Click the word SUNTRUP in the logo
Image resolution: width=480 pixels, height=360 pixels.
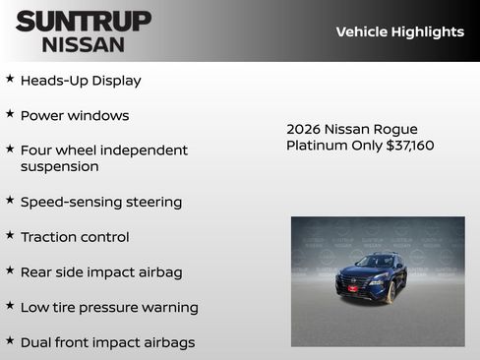[x=84, y=21]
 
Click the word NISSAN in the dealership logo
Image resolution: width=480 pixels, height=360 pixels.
[x=84, y=44]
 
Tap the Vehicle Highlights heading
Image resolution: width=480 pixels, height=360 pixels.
[x=399, y=31]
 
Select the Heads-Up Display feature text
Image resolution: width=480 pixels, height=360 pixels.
[x=81, y=81]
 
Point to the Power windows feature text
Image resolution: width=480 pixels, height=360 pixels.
[x=75, y=115]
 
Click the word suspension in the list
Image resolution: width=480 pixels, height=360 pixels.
[x=59, y=166]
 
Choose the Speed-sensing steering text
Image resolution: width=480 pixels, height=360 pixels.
[x=101, y=202]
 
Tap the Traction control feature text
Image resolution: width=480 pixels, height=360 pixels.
[x=75, y=237]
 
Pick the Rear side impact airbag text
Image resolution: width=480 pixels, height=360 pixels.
[x=101, y=271]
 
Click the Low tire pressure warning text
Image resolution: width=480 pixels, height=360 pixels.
[x=109, y=307]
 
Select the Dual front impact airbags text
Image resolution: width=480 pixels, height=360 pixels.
[x=107, y=342]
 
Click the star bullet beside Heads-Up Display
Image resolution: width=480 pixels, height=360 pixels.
[x=10, y=79]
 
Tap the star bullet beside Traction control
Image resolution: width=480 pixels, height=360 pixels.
[x=10, y=235]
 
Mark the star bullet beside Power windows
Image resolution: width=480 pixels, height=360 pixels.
[x=10, y=113]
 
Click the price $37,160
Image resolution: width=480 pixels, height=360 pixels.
[x=407, y=146]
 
